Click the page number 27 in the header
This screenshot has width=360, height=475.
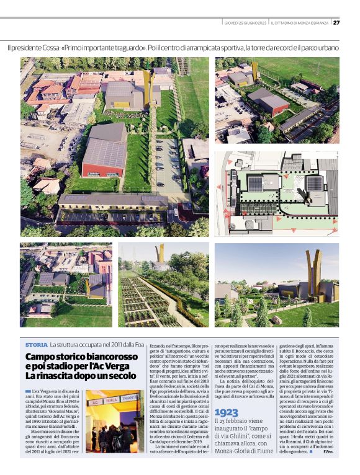(x=336, y=23)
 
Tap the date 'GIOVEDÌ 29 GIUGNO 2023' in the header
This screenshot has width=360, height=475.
(x=245, y=23)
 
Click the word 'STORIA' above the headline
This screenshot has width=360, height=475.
(x=36, y=344)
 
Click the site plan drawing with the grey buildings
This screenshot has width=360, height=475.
(x=277, y=193)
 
